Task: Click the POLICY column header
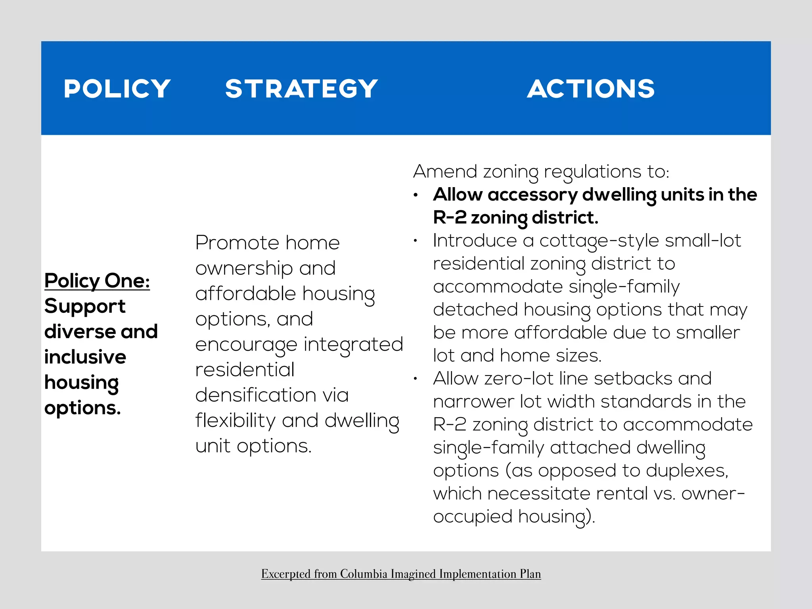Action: (x=117, y=88)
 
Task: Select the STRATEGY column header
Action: (x=301, y=88)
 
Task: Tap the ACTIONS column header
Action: (x=591, y=88)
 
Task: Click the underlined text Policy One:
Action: (x=97, y=281)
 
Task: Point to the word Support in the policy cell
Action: (x=85, y=306)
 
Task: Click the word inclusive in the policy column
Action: (x=85, y=357)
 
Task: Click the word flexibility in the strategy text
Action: (x=235, y=421)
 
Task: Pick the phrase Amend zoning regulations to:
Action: (x=541, y=172)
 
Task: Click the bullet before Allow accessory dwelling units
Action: (x=416, y=195)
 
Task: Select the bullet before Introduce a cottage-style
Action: (x=416, y=241)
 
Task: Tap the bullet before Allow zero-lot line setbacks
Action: (x=416, y=379)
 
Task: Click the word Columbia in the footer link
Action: (x=364, y=574)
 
